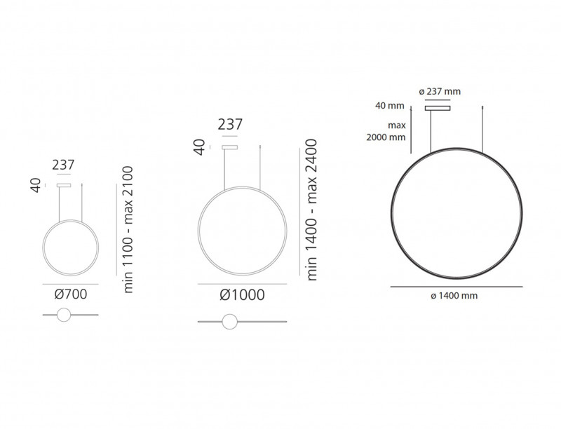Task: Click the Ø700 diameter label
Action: point(70,294)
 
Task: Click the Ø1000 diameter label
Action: point(242,295)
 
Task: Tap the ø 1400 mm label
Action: point(456,297)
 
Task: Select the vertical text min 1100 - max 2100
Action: point(128,230)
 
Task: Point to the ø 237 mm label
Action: point(439,92)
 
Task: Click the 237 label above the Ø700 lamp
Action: point(63,165)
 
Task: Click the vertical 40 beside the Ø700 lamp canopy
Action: point(36,185)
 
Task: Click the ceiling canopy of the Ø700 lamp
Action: point(64,185)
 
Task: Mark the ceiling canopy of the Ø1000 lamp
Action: point(229,147)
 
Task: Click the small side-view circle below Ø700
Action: point(64,315)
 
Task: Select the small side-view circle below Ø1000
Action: point(229,322)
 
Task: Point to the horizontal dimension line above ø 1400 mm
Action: point(456,287)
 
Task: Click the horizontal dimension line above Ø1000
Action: point(242,283)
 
